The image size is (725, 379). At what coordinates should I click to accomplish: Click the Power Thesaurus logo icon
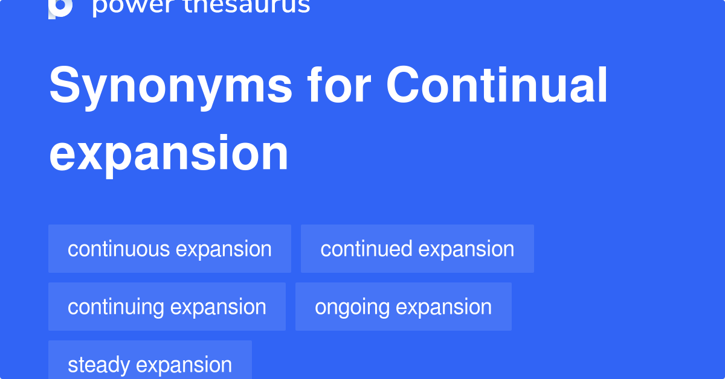[60, 7]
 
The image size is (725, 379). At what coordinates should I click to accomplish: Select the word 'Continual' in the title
[497, 86]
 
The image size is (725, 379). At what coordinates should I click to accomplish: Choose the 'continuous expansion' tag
[169, 249]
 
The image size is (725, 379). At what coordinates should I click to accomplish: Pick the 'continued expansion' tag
[417, 249]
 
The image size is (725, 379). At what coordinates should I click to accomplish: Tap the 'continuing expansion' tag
[167, 307]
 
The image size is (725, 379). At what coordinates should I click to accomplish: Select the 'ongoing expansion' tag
[403, 307]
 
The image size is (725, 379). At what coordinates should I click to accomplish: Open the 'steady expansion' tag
[150, 364]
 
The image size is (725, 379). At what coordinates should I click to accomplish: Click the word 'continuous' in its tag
[118, 249]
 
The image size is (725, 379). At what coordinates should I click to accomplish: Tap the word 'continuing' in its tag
[116, 307]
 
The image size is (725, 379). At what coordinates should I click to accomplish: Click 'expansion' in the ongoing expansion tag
[444, 307]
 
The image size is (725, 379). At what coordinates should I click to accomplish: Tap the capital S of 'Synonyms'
[63, 86]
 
